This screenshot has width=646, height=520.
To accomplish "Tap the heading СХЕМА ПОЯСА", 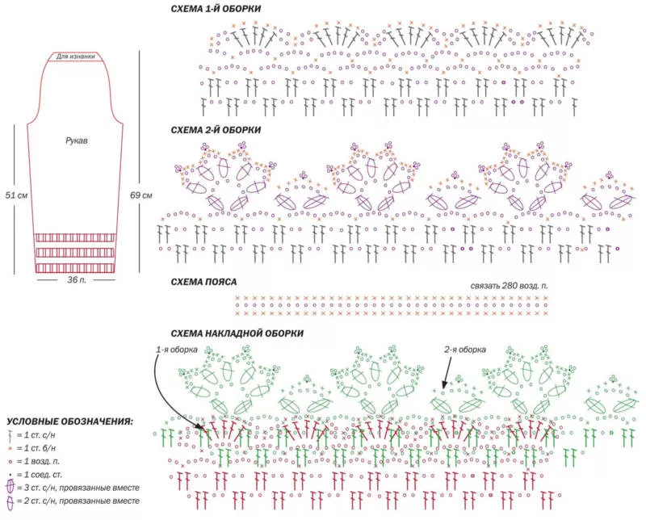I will click(203, 282).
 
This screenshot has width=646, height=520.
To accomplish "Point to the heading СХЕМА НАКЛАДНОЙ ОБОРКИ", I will click(237, 333).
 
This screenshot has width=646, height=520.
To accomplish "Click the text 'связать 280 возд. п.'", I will click(512, 287).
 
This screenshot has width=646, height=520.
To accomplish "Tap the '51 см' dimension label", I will click(16, 195).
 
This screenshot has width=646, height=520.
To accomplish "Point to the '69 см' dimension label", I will click(141, 195).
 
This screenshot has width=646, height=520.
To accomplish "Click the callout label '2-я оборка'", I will click(465, 350).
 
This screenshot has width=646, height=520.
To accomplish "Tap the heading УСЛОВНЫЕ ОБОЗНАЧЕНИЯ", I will click(70, 421).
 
